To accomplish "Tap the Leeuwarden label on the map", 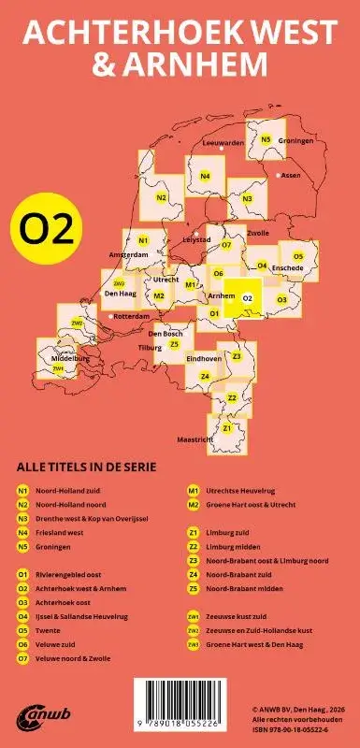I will pos(223,143).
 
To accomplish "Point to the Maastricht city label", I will pos(196,439).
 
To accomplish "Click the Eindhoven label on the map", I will pos(204,358).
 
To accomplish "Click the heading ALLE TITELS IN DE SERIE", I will pos(86,467).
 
